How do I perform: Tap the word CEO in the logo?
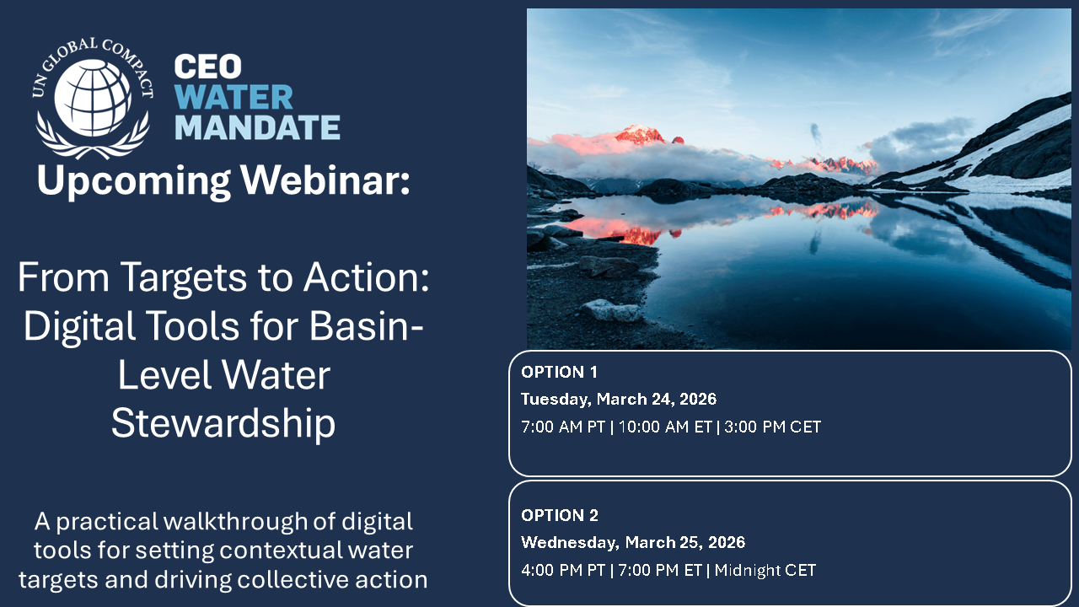pos(207,67)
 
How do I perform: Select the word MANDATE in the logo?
pos(257,127)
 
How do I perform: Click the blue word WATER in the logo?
pos(234,97)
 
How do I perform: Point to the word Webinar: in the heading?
pos(325,180)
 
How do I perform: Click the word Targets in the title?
pos(184,277)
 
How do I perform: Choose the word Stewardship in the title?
pos(223,423)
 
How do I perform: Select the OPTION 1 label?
pos(559,372)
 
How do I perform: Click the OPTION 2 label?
pos(560,515)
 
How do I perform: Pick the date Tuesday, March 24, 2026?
pos(619,399)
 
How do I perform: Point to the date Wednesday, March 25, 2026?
pos(633,542)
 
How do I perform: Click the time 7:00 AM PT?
pos(563,427)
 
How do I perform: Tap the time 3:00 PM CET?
pos(773,427)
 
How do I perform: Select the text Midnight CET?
pos(765,571)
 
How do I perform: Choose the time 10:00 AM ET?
pos(665,427)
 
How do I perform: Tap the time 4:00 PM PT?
pos(563,571)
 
